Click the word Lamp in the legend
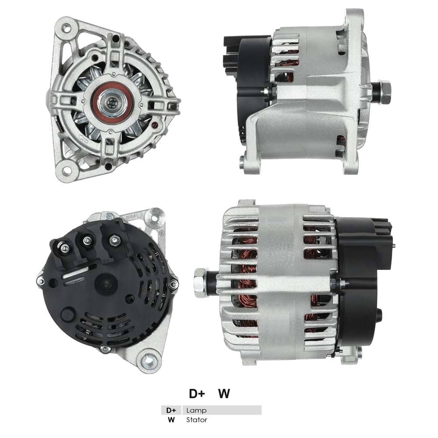196,410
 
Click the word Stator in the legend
197,420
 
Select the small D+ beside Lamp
171,410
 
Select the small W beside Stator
171,420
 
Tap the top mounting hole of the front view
66,29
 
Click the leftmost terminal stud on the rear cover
64,248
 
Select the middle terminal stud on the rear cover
87,240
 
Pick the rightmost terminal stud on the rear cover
114,239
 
